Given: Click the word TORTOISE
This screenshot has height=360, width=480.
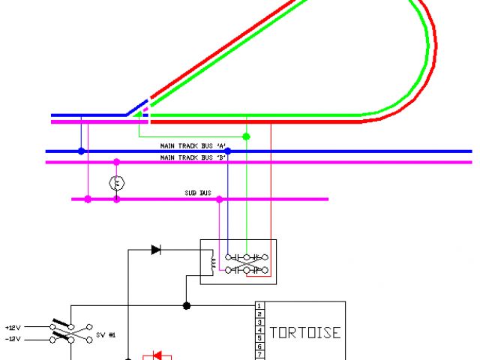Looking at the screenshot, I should coord(304,332).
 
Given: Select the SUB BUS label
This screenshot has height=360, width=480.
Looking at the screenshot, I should coord(196,193).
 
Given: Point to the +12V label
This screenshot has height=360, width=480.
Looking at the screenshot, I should coord(14,328).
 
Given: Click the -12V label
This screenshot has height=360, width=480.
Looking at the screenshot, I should coord(14,339).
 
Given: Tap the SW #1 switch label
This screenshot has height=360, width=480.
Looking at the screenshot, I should coord(105,334).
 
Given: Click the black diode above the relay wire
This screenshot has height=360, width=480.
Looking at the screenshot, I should coord(155,250).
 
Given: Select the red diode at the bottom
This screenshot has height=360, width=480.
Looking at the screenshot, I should coord(157,355).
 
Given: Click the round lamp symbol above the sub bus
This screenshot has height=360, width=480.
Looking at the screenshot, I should coord(116,182).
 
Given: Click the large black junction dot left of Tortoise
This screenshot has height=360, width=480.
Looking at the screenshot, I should coord(187,305).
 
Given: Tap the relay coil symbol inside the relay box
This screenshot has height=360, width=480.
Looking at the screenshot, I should coord(212,263).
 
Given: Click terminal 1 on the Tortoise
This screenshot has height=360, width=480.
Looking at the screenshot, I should coord(259,306).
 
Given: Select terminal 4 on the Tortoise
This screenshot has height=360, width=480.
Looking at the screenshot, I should coord(259,330).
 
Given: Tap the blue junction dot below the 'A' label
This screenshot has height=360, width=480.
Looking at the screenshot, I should coord(227,151).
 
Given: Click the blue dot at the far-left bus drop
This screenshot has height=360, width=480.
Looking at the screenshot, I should coord(81,151).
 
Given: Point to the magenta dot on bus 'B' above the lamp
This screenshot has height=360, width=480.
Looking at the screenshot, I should coord(116,161).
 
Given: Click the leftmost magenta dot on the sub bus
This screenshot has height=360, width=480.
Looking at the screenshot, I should coord(88,199).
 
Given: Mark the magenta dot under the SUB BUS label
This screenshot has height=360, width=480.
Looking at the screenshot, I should coord(219,199).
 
